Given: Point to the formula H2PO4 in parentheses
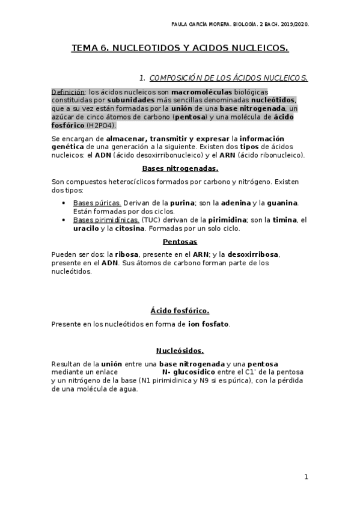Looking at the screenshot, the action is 102,125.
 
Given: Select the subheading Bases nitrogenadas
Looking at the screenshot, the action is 180,168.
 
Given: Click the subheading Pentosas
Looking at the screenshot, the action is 180,241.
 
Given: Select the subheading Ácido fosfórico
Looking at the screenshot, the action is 180,311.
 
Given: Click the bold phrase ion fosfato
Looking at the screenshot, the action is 208,324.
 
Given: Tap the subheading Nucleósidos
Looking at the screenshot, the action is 180,351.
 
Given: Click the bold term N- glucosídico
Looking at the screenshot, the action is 189,372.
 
